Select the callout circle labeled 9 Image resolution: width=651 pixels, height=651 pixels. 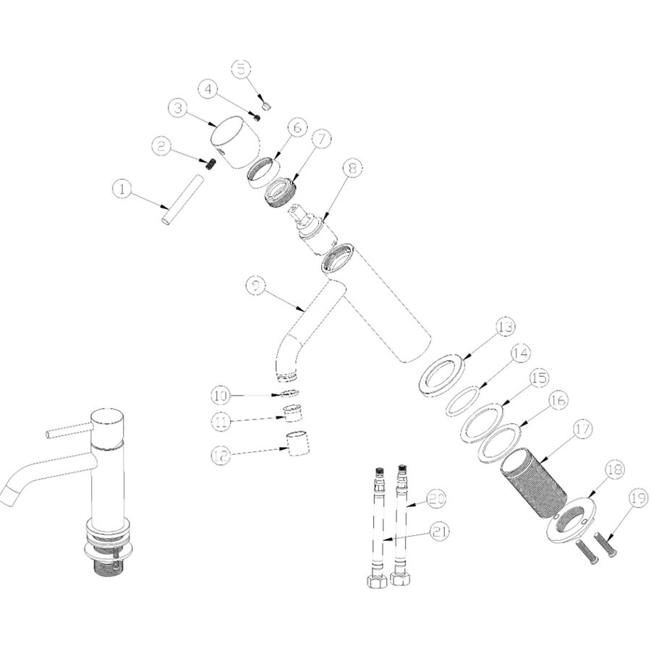click(x=256, y=285)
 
